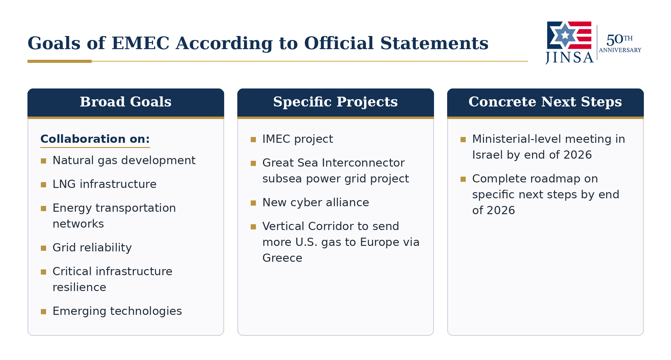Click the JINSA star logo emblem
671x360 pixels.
[x=569, y=35]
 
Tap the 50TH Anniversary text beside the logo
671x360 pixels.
[x=620, y=43]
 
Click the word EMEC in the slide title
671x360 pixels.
[x=140, y=43]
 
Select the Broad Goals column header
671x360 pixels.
[x=126, y=102]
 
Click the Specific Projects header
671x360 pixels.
[x=335, y=102]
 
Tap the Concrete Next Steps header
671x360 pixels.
[x=545, y=102]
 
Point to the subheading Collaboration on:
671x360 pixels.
[x=95, y=139]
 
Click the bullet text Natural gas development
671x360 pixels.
[x=124, y=160]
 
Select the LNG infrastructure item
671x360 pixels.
[x=104, y=184]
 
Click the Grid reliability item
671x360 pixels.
[x=92, y=248]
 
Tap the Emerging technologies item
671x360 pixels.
[x=117, y=311]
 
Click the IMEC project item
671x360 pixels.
[x=298, y=139]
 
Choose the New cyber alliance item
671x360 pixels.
[x=316, y=203]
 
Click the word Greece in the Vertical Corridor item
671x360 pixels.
[x=282, y=258]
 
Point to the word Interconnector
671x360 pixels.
[x=363, y=163]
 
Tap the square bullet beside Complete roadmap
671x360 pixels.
[x=463, y=179]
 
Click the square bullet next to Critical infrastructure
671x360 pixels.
[x=43, y=272]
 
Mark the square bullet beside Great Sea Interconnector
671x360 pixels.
[x=253, y=163]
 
